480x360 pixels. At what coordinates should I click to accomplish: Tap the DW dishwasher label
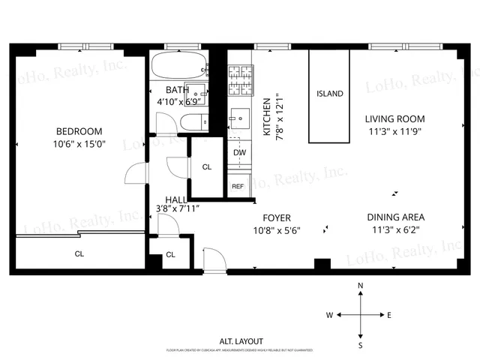coord(239,153)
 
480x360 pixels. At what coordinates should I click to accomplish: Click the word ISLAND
coord(330,94)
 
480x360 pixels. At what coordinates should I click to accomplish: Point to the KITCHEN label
coord(266,116)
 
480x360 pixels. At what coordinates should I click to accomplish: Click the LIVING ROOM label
coord(394,118)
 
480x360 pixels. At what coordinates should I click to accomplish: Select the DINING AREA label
coord(394,217)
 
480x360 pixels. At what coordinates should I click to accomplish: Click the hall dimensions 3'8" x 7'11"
coord(176,209)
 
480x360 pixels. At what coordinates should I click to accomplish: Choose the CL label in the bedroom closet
coord(79,253)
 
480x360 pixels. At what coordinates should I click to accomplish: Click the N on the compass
coord(361,286)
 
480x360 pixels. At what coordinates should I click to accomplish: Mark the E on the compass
coord(388,315)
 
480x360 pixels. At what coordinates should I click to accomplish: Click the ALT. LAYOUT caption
coord(241,341)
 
